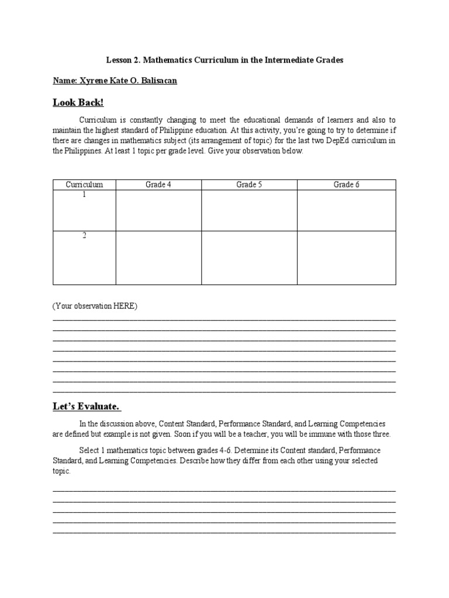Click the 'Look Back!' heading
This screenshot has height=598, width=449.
[78, 103]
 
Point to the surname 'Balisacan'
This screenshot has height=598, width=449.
[156, 81]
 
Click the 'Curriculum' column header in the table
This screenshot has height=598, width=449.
[84, 185]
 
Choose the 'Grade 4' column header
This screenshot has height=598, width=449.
[158, 185]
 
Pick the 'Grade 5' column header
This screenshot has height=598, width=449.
[249, 185]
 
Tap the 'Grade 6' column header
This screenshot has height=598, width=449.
[346, 185]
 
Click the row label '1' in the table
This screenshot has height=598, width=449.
[84, 195]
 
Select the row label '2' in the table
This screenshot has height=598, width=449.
[84, 236]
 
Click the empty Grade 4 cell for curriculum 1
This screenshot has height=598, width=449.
[158, 210]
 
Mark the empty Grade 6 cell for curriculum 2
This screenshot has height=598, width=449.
[346, 258]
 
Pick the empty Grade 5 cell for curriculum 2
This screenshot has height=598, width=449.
[249, 258]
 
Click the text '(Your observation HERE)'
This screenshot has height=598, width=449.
[95, 307]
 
